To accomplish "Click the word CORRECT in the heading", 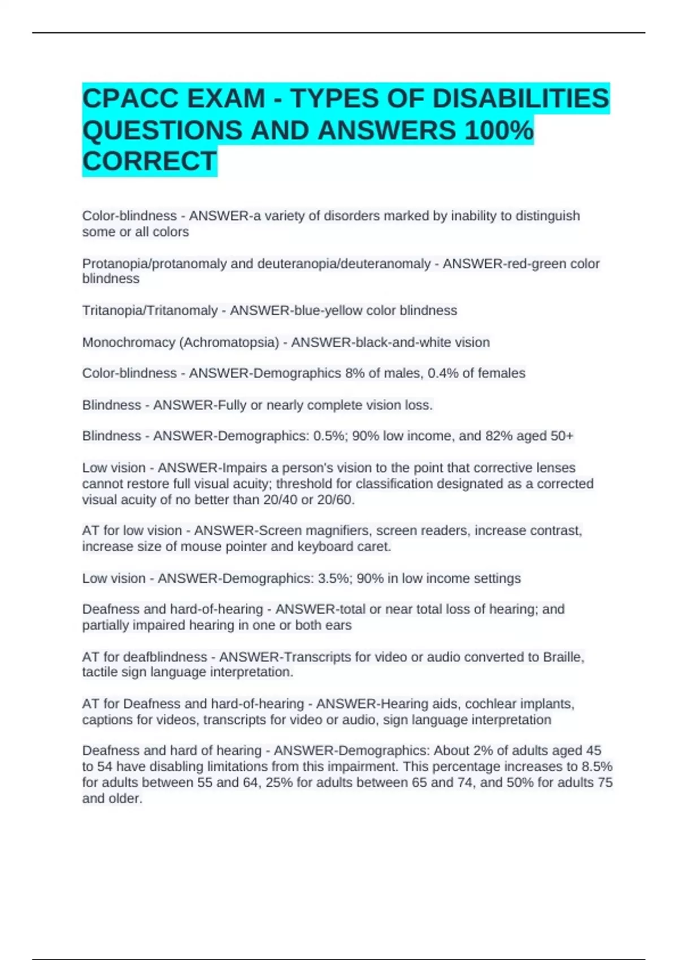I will pos(149,162).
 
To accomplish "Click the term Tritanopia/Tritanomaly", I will pos(150,311).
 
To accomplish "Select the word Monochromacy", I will pos(128,342).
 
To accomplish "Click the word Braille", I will pos(563,657).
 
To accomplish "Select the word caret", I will pos(375,547).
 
